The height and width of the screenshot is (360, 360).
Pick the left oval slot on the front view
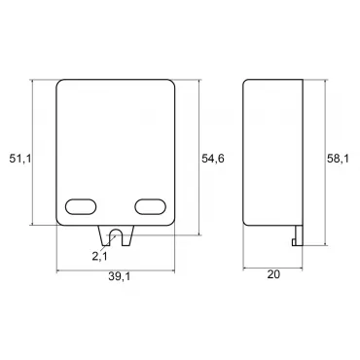(81, 206)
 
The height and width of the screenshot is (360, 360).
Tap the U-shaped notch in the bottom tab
(117, 236)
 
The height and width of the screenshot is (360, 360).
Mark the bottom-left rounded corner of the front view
(62, 226)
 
